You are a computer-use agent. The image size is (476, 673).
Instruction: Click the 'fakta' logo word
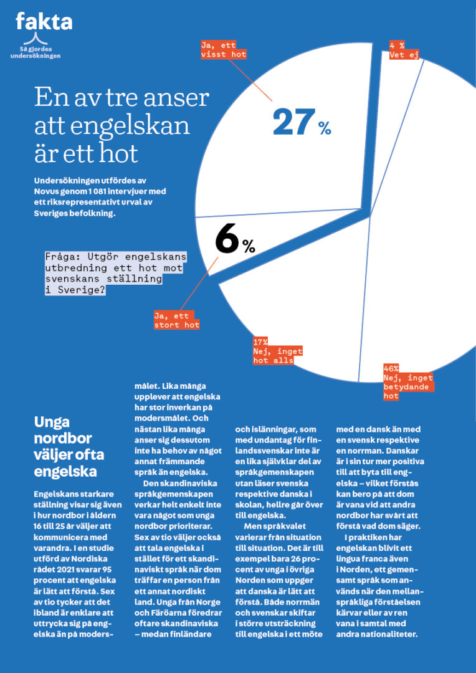pyautogui.click(x=44, y=22)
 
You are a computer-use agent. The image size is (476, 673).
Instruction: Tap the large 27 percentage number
pyautogui.click(x=292, y=122)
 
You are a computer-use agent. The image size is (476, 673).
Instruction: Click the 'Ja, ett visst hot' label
pyautogui.click(x=223, y=50)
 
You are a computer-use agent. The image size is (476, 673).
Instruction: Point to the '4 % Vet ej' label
pyautogui.click(x=404, y=50)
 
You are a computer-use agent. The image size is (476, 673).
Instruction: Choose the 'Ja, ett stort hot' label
pyautogui.click(x=177, y=320)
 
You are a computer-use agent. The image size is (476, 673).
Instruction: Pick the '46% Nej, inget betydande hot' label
pyautogui.click(x=408, y=382)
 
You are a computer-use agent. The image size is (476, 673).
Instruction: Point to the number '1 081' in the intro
pyautogui.click(x=102, y=191)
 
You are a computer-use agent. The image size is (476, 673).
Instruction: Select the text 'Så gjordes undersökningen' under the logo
pyautogui.click(x=36, y=52)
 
